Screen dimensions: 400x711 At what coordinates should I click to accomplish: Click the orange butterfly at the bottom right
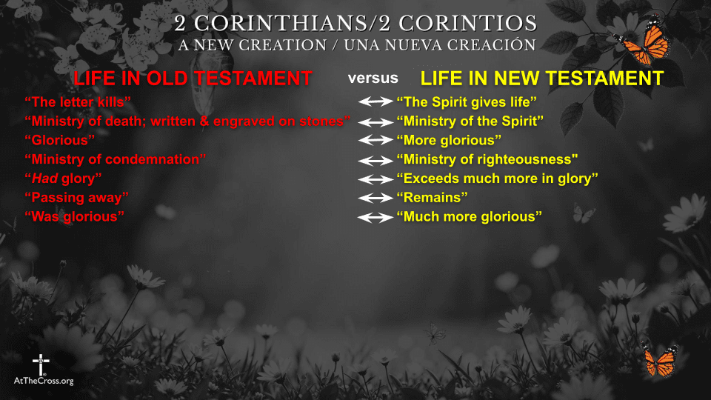tap(659, 361)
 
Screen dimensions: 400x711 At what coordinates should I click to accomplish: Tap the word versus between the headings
tap(373, 78)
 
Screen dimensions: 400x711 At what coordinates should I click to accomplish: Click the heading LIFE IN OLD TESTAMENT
tap(192, 79)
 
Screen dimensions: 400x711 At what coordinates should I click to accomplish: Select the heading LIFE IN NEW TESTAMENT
tap(541, 79)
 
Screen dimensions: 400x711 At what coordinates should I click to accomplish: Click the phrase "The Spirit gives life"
tap(467, 101)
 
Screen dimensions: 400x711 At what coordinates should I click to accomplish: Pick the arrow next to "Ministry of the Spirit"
tap(375, 121)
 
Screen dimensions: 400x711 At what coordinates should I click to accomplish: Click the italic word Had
tap(44, 179)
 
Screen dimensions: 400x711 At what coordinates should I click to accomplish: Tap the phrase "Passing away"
tap(77, 198)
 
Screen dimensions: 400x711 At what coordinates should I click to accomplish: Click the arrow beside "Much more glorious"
tap(375, 217)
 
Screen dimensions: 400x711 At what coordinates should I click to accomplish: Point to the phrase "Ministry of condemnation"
tap(115, 159)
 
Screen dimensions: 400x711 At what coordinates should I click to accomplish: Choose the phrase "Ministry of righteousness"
tap(487, 159)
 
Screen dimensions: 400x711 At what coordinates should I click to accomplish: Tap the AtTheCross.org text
tap(44, 381)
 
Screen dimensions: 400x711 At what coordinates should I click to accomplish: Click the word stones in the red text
tap(325, 121)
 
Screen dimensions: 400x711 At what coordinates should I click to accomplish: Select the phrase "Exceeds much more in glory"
tap(497, 179)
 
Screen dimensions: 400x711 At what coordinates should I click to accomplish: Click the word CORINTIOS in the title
tap(478, 23)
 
